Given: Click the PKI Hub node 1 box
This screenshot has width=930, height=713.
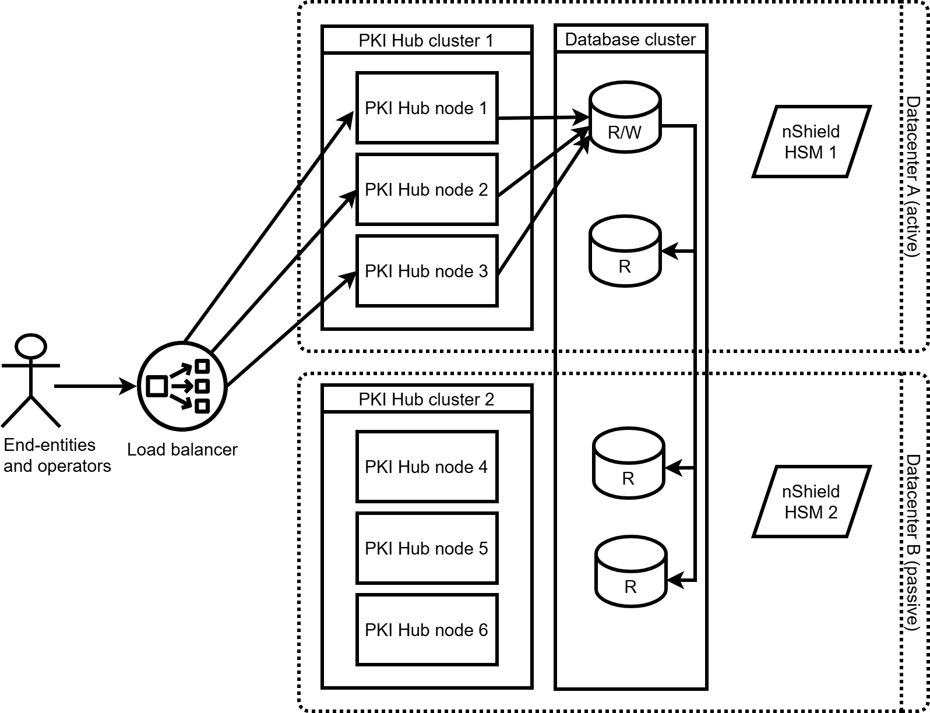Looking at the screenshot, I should coord(427,108).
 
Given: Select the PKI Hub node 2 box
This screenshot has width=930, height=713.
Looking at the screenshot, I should coord(427,189).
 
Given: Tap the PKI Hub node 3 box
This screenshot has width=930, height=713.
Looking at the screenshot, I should coord(427,271).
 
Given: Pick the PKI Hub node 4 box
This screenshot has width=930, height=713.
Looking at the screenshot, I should coord(427,467).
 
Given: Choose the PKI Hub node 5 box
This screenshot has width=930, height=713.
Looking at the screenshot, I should coord(427,548).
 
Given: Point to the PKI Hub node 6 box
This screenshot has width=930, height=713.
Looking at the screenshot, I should coord(427,630).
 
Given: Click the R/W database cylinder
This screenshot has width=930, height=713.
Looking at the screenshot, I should coord(625,120).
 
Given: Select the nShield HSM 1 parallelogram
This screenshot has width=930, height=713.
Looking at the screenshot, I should coord(811,142).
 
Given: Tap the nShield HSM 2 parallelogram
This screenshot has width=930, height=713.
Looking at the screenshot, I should coord(811,502).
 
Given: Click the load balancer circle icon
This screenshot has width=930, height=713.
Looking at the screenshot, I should coord(182,385).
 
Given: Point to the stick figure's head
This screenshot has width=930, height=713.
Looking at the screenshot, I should coord(31,346).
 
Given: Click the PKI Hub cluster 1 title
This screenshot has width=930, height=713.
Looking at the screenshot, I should coord(427,40).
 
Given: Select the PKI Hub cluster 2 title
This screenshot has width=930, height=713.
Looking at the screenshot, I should coord(427,400).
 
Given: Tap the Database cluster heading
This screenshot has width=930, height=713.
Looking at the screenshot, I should coord(630,40).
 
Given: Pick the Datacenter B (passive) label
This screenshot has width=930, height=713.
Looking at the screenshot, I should coord(913,542).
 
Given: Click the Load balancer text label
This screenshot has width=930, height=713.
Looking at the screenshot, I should coord(182,450).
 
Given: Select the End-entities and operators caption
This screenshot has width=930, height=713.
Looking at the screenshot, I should coord(57,456).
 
